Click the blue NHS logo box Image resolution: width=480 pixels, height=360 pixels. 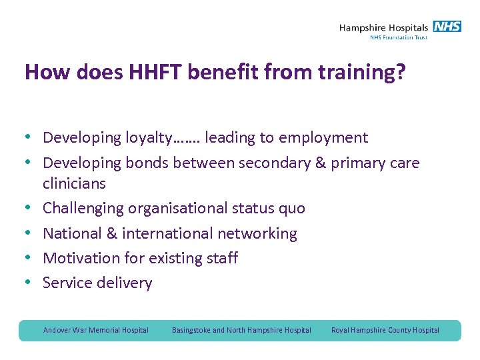point(447,27)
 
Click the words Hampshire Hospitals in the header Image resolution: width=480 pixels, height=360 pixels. point(383,27)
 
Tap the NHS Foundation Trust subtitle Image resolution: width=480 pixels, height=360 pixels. point(399,38)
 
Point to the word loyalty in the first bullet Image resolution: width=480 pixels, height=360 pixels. point(149,138)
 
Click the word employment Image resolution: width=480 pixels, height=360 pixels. point(323,138)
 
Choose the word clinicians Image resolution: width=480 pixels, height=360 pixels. point(74,183)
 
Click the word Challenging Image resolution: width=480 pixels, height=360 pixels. point(83,209)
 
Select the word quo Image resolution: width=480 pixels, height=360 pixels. point(291,209)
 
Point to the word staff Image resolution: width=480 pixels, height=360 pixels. point(220,258)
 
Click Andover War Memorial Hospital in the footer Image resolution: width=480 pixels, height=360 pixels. point(96,330)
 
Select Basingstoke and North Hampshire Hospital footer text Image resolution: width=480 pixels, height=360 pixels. point(241,330)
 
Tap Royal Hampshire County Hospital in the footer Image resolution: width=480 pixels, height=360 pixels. point(385,330)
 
